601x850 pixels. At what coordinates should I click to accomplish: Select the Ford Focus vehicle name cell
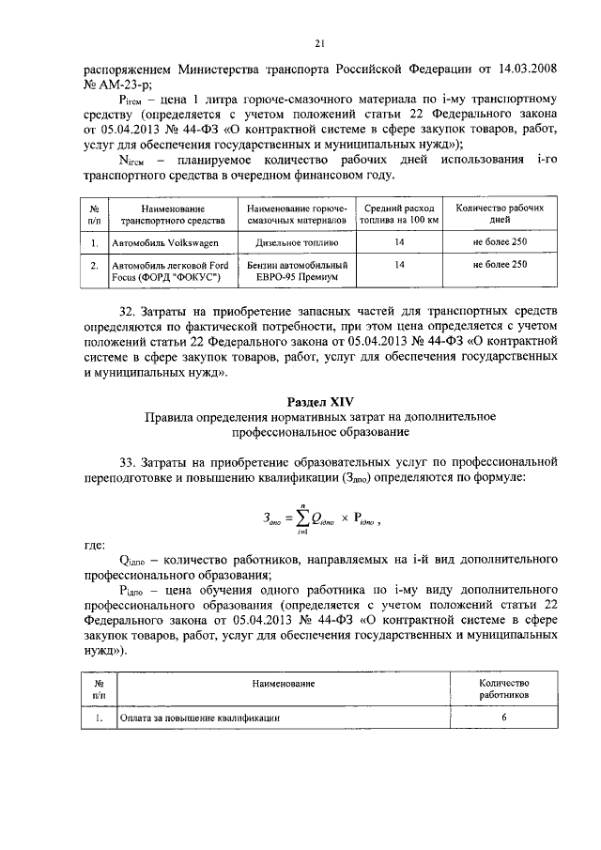point(166,271)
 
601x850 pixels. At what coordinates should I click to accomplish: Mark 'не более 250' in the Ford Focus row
point(500,266)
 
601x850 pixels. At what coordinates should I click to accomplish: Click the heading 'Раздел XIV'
point(319,400)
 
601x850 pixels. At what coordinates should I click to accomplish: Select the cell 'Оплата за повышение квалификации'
point(198,719)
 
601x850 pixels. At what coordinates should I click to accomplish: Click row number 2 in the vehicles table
point(95,266)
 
